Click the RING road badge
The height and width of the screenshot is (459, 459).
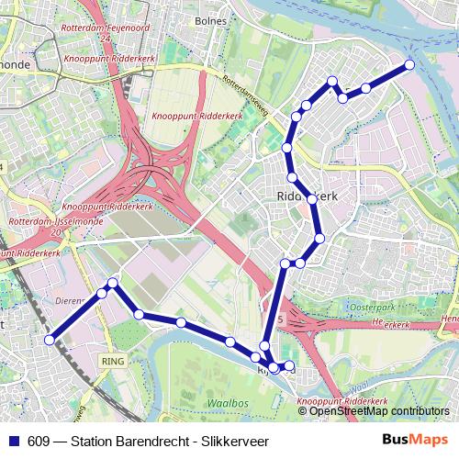(113, 361)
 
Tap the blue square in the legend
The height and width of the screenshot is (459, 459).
(15, 439)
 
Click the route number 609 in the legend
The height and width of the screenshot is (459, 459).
(40, 439)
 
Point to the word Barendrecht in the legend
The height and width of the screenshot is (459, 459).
(148, 439)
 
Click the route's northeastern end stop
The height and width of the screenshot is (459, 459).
(409, 64)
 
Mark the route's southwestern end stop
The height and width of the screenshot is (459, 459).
(50, 340)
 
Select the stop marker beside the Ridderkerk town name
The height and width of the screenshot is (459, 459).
(312, 199)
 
